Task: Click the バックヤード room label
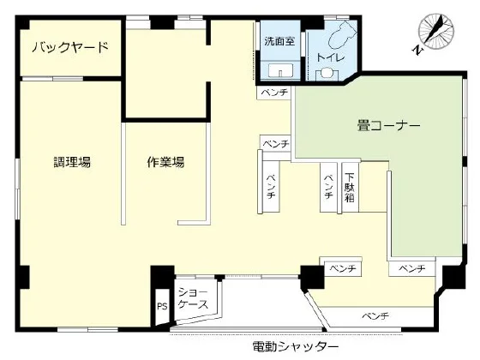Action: (70, 47)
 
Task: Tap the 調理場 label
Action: (72, 161)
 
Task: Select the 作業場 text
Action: (165, 161)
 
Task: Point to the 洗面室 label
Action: (278, 39)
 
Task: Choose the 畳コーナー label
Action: (389, 126)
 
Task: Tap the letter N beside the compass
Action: (416, 51)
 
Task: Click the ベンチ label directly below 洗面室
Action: (275, 92)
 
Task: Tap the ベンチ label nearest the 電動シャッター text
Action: (375, 317)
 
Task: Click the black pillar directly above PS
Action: (161, 279)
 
